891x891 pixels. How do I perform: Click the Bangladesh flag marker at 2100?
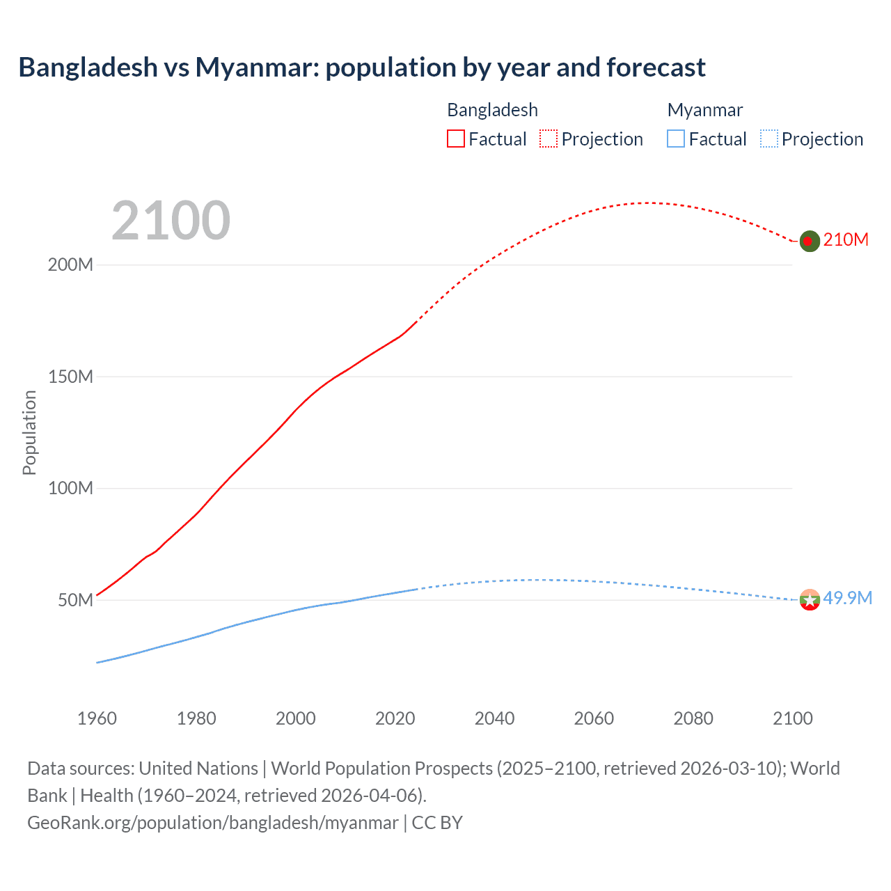pos(809,241)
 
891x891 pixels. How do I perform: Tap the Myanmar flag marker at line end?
pos(810,599)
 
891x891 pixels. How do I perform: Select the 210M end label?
pos(846,239)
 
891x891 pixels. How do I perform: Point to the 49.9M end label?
pos(847,598)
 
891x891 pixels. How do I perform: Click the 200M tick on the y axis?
pos(70,265)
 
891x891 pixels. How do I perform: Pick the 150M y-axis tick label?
pos(70,377)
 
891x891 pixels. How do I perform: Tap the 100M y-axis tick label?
pos(70,488)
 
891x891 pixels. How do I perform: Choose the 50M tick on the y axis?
pos(75,600)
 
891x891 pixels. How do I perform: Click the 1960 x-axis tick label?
pos(97,718)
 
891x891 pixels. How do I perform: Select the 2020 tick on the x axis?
pos(395,718)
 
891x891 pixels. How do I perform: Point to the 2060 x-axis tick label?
pos(594,718)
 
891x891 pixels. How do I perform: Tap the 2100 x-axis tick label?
pos(792,718)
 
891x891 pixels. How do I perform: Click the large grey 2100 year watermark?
pos(171,221)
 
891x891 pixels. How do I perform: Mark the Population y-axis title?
pos(29,432)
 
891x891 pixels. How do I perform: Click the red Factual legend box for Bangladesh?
pos(456,139)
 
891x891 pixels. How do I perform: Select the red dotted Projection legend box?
pos(549,139)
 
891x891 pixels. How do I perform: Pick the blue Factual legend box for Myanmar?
pos(676,139)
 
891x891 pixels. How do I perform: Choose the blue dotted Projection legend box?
pos(768,139)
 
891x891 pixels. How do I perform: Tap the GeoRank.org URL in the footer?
pos(213,823)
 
